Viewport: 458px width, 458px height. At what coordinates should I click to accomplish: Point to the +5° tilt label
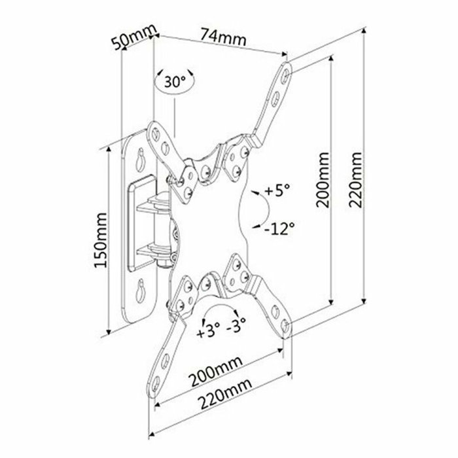[x=277, y=191]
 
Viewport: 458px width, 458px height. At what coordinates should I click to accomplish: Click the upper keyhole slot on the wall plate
[x=141, y=159]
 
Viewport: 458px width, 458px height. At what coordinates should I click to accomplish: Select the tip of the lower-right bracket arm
[x=286, y=325]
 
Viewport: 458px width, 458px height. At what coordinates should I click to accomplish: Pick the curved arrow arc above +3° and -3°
[x=222, y=308]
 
